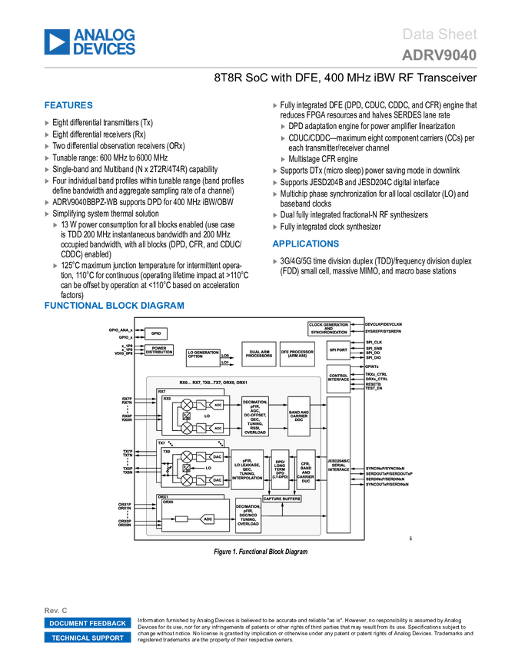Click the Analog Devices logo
tap(90, 41)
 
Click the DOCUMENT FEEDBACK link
tap(88, 623)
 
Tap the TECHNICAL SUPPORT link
tap(88, 638)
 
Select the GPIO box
tap(156, 334)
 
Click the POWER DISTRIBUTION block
tap(159, 350)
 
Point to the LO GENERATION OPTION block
tap(203, 355)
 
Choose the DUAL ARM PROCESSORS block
tap(258, 354)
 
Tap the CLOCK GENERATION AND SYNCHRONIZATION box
tap(328, 328)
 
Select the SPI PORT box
tap(338, 350)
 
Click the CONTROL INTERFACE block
tap(338, 378)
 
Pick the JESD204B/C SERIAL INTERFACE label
tap(338, 466)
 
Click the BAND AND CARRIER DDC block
tap(299, 416)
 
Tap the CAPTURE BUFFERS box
tap(282, 499)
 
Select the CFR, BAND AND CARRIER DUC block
tap(306, 470)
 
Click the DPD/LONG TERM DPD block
tap(280, 470)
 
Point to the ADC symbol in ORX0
tap(208, 519)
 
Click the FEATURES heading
tap(69, 106)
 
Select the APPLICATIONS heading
tap(306, 244)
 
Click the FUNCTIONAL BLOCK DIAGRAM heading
tap(115, 306)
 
